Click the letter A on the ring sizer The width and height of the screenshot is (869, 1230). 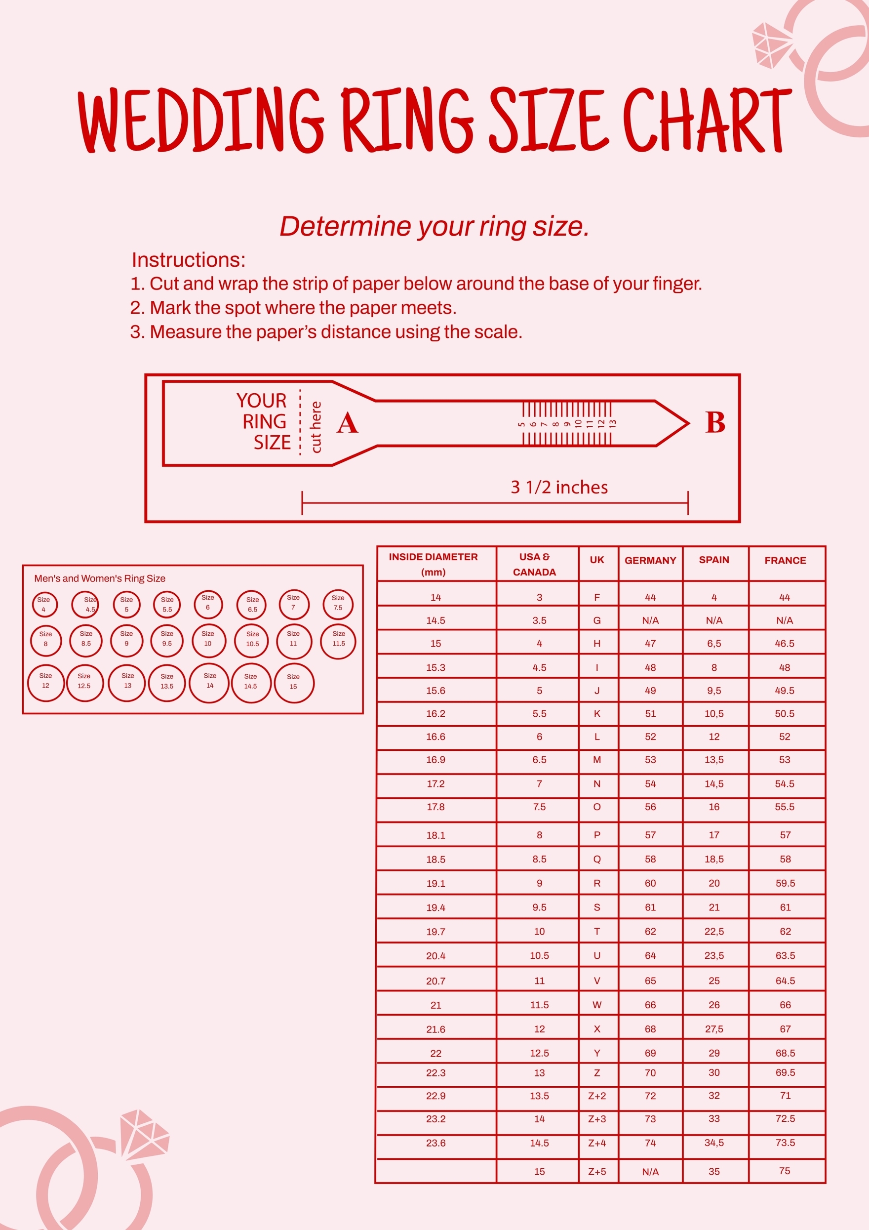pos(347,423)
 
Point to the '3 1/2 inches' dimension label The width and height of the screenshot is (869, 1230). pos(559,487)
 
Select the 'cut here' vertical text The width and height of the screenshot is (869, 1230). pos(316,427)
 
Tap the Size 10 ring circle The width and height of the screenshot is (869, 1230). pos(208,639)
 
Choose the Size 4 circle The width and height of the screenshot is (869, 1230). pos(44,604)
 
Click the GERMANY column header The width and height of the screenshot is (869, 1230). pos(650,560)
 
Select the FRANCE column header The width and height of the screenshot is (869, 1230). pos(785,560)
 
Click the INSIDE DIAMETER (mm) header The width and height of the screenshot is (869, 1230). pos(433,564)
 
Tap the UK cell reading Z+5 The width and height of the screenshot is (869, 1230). pos(597,1172)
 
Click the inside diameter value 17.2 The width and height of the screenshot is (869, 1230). pos(435,784)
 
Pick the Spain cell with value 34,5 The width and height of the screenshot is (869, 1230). pos(714,1143)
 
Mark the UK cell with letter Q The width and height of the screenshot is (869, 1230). pos(597,860)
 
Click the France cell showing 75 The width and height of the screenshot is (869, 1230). pos(785,1171)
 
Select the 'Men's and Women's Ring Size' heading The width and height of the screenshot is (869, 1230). pos(100,578)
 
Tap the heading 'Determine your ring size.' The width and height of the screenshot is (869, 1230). pos(434,227)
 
